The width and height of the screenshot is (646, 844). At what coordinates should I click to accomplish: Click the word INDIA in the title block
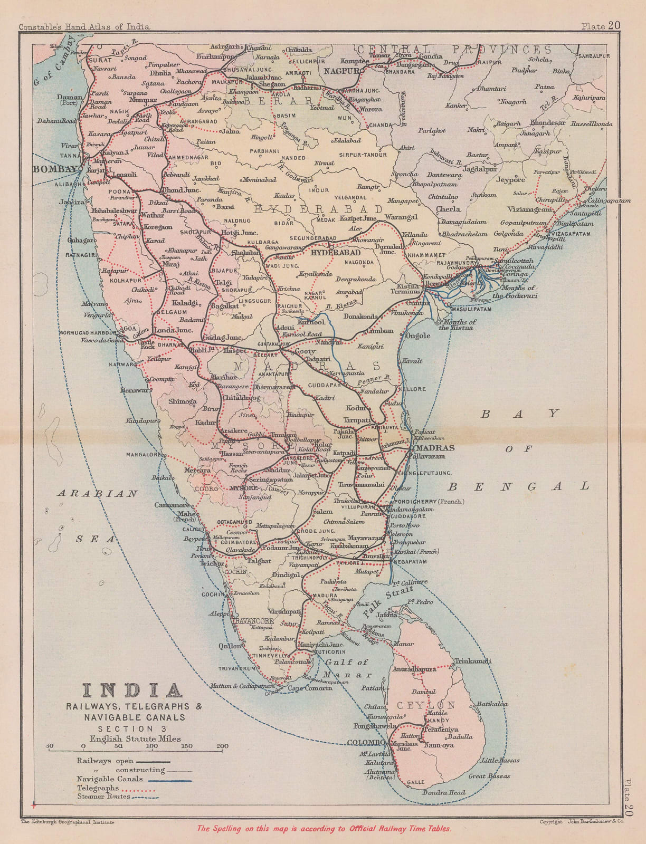131,691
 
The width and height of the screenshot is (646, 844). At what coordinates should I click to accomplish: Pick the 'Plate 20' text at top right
601,25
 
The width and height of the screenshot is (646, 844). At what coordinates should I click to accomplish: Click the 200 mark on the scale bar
222,746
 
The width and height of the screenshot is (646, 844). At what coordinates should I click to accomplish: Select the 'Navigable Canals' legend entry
109,779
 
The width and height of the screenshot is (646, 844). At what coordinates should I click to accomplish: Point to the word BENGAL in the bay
528,486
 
